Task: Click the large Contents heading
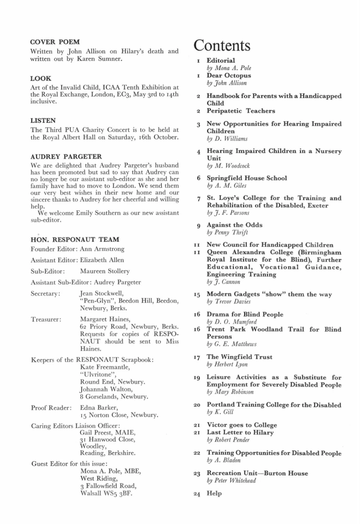(x=222, y=45)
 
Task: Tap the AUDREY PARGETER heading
(x=66, y=157)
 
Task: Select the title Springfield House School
(x=247, y=178)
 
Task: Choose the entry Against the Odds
(x=235, y=225)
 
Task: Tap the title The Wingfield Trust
(x=240, y=357)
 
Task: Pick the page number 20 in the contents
(x=198, y=405)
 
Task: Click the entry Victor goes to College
(x=242, y=425)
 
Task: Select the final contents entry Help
(x=214, y=493)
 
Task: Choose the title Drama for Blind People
(x=245, y=314)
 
